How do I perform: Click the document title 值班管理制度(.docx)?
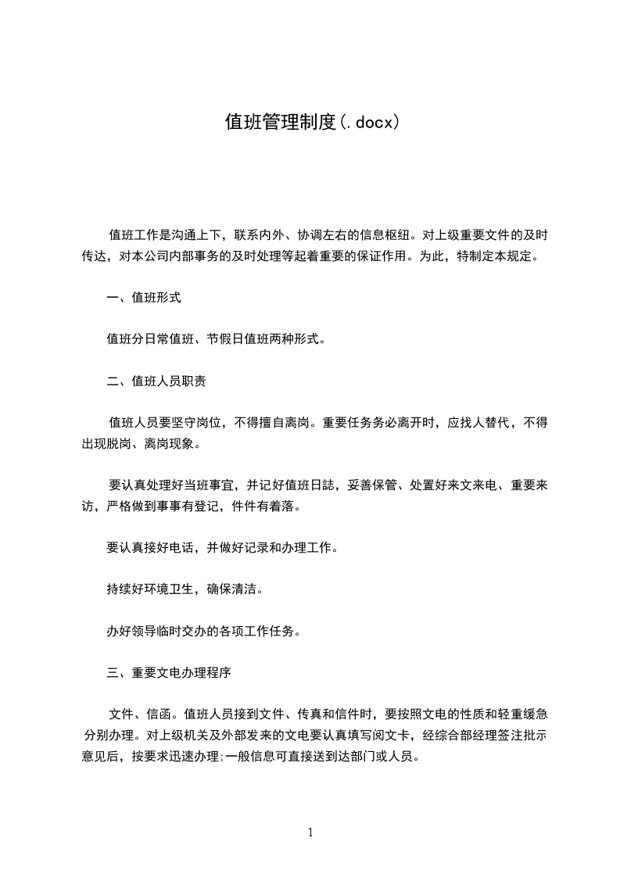(x=312, y=122)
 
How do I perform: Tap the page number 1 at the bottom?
(x=310, y=832)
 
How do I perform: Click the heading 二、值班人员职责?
(x=156, y=381)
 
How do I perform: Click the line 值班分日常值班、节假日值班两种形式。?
(x=216, y=339)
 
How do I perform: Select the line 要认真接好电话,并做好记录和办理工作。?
(x=223, y=548)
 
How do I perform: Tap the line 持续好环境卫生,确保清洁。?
(x=185, y=589)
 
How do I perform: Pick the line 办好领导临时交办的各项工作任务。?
(x=203, y=631)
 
